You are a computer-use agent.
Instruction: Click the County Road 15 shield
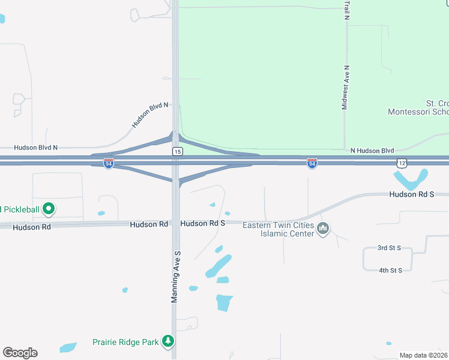click(177, 152)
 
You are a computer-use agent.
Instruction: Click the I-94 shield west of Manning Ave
click(108, 163)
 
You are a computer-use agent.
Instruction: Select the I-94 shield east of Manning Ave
click(312, 163)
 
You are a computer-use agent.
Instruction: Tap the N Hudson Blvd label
click(372, 150)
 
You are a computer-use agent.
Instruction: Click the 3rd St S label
click(393, 248)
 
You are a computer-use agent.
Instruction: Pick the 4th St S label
click(390, 271)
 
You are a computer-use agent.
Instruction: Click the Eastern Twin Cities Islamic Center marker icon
click(324, 229)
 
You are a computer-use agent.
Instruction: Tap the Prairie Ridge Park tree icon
click(169, 342)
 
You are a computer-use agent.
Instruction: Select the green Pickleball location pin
click(49, 209)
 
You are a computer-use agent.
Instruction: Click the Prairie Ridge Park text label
click(125, 343)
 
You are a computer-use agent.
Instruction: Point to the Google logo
click(20, 353)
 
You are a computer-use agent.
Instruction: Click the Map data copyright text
click(424, 355)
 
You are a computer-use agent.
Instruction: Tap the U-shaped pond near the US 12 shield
click(410, 179)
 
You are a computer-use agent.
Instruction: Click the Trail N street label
click(346, 10)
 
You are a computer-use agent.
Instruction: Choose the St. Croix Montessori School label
click(419, 108)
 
